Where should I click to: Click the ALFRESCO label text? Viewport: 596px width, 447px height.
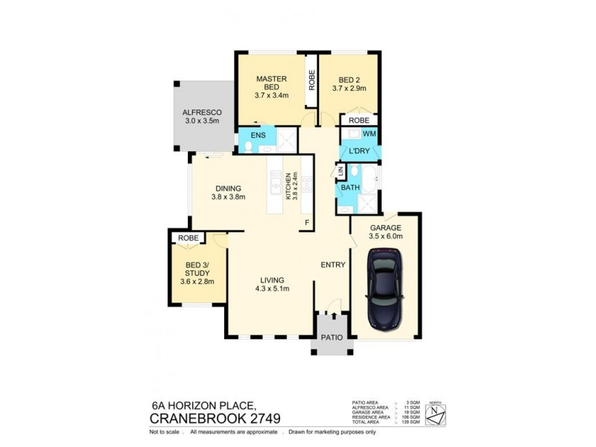tap(202, 113)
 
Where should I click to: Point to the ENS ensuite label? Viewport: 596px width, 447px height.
tap(258, 136)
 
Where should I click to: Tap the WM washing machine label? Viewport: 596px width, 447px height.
tap(368, 133)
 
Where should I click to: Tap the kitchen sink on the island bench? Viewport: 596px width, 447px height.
tap(275, 183)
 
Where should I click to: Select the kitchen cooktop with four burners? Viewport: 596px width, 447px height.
tap(306, 183)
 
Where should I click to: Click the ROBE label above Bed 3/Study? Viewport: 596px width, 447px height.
tap(188, 238)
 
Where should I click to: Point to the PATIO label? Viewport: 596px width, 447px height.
tap(332, 337)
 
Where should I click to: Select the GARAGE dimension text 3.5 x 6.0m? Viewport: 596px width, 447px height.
tap(386, 237)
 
